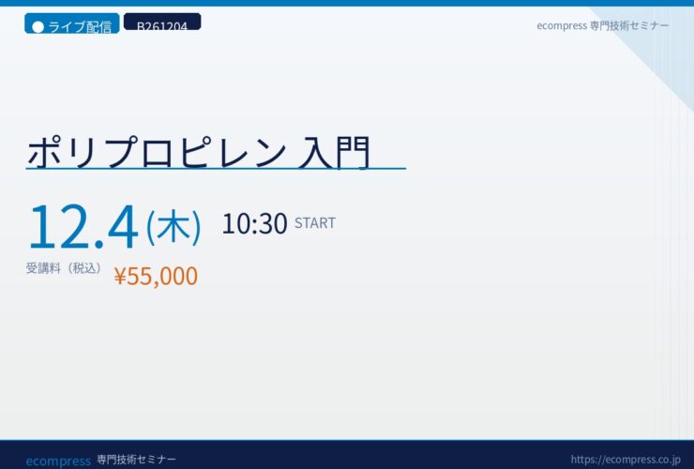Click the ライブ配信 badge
pos(71,23)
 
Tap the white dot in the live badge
pos(38,27)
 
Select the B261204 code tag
pos(162,22)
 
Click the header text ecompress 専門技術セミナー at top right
pos(602,25)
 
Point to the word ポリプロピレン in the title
pos(158,152)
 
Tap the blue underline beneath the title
pos(216,169)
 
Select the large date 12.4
pos(83,227)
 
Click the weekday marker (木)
pos(173,227)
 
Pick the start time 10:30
pos(254,223)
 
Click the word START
pos(315,222)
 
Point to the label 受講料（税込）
pos(64,268)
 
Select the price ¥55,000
pos(156,276)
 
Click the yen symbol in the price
pos(120,277)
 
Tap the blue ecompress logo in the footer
pos(58,461)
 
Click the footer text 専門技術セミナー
pos(136,460)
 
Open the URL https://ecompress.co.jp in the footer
pos(626,460)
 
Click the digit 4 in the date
pos(122,227)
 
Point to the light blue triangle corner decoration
pos(655,44)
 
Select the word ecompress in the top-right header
pos(562,26)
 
